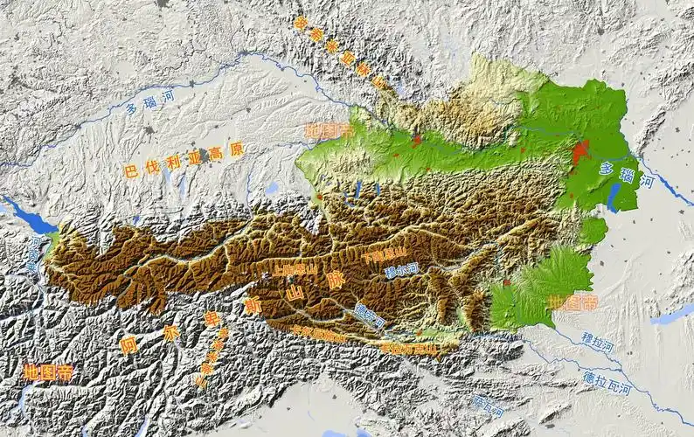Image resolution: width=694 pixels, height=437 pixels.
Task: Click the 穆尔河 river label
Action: (x=401, y=271)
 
